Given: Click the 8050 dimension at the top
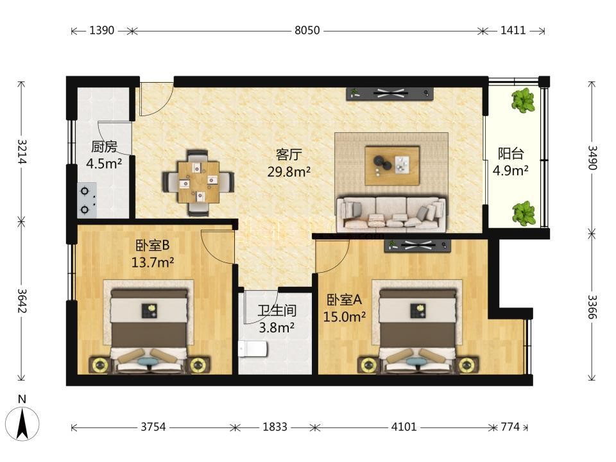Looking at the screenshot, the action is click(307, 30).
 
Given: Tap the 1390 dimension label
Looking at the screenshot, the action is click(102, 30).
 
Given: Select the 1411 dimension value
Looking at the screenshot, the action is click(513, 30).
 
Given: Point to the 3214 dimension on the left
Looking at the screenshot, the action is click(21, 151).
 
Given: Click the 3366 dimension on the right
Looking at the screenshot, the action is click(592, 307).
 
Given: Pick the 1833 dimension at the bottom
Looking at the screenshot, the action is click(275, 427).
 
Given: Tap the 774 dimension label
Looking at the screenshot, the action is click(510, 427).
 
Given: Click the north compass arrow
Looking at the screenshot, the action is click(23, 424).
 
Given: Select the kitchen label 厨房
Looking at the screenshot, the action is click(104, 147).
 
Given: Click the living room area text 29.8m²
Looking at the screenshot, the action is click(289, 171).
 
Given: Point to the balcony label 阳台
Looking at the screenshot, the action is click(511, 153).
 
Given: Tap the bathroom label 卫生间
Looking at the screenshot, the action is click(277, 311).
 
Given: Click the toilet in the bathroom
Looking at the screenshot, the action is click(253, 349).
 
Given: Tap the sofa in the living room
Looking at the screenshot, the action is click(391, 214).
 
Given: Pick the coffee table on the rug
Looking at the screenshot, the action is click(392, 166).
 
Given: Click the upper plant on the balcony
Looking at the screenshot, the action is click(524, 100).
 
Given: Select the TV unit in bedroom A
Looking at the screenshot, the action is click(417, 246).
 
